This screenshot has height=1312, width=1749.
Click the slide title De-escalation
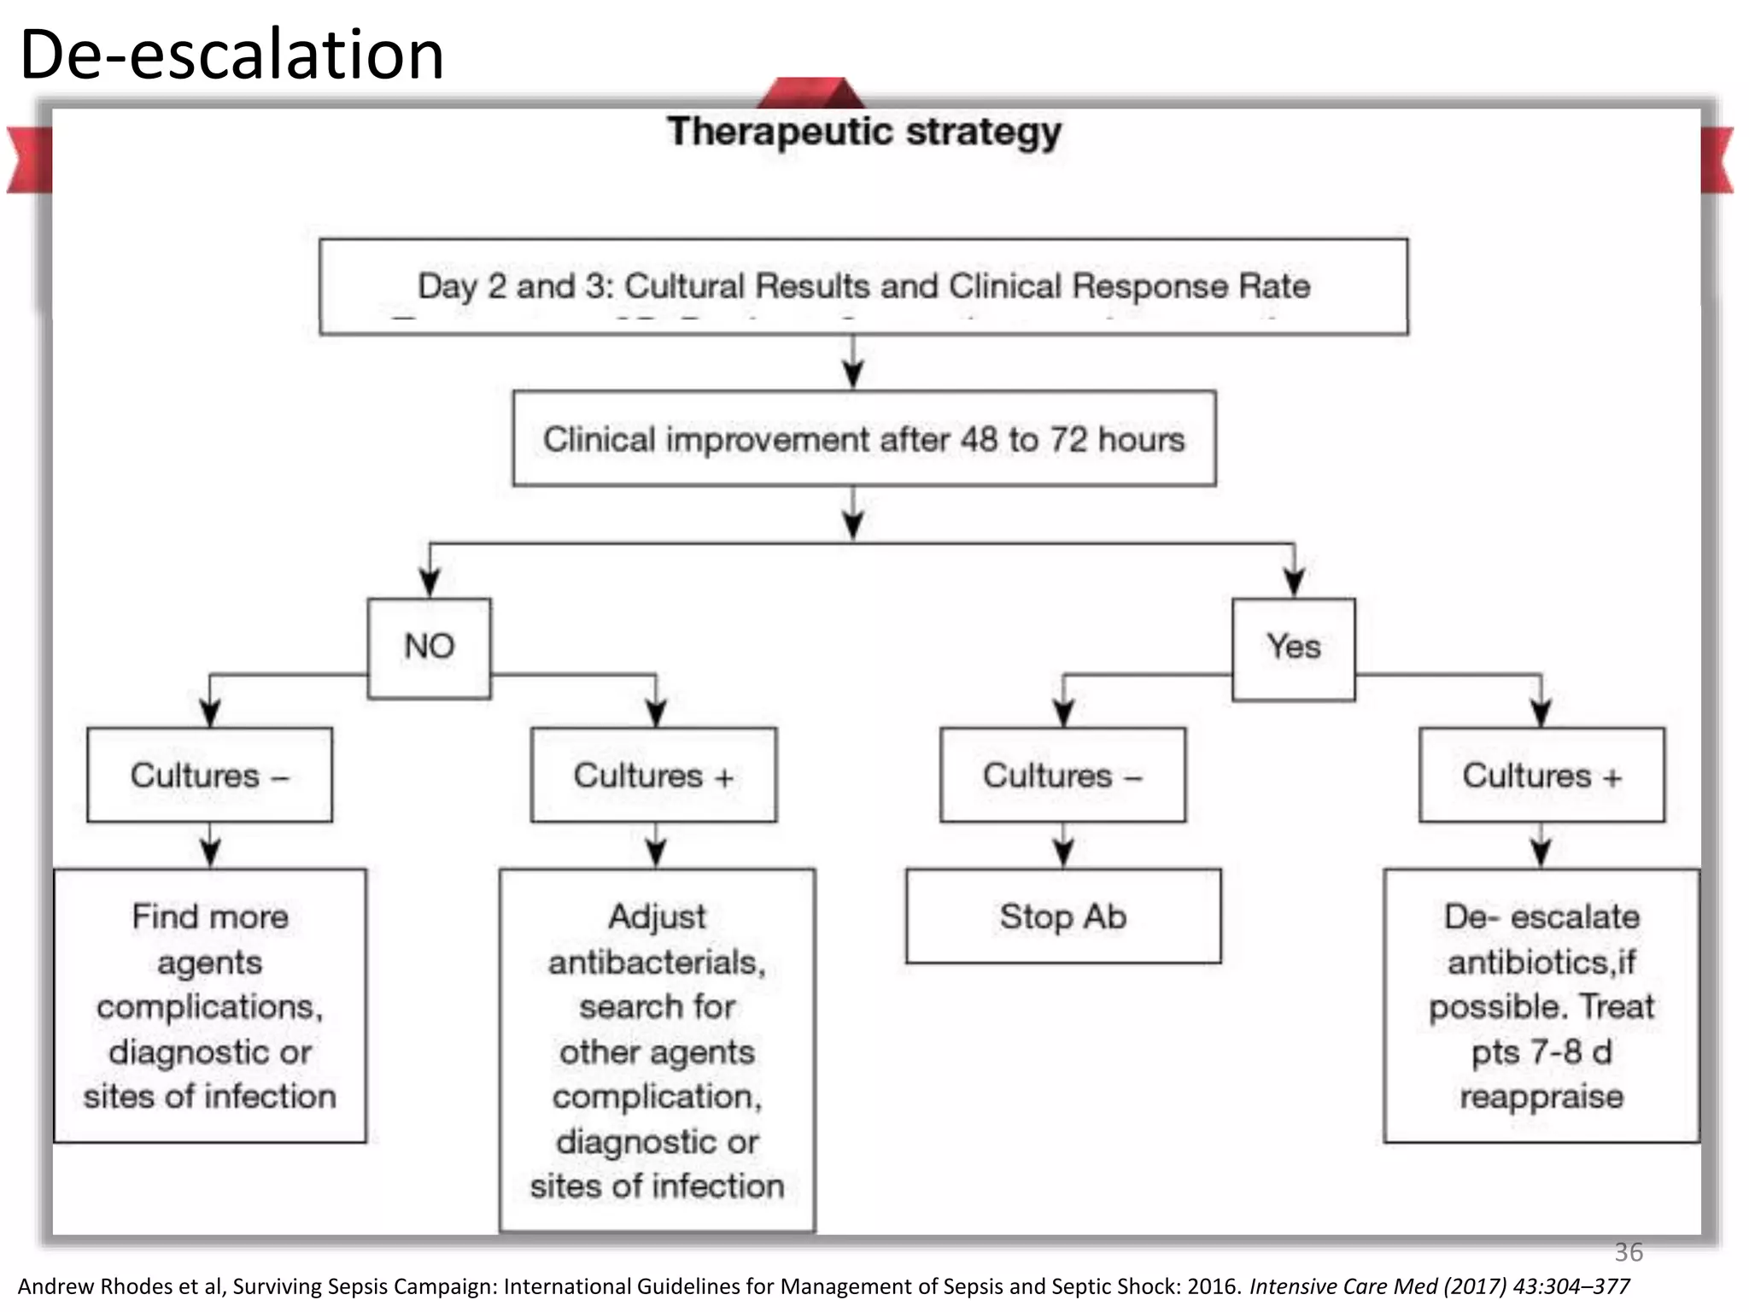pyautogui.click(x=231, y=55)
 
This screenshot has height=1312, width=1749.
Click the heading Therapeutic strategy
pyautogui.click(x=863, y=132)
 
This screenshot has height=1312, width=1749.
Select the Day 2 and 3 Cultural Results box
pyautogui.click(x=863, y=286)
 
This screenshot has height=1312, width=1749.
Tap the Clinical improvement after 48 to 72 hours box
pyautogui.click(x=863, y=439)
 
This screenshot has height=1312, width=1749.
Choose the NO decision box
pyautogui.click(x=429, y=647)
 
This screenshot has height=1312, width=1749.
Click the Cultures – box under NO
pyautogui.click(x=209, y=776)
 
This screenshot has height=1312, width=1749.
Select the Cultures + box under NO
pyautogui.click(x=653, y=776)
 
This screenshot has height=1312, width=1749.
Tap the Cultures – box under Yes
pyautogui.click(x=1062, y=776)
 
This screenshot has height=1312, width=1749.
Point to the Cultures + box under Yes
pyautogui.click(x=1541, y=776)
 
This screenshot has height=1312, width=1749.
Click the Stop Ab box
pyautogui.click(x=1063, y=917)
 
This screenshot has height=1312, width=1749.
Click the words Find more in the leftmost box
pyautogui.click(x=210, y=917)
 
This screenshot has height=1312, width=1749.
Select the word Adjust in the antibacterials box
pyautogui.click(x=657, y=917)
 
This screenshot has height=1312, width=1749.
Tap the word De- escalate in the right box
pyautogui.click(x=1541, y=917)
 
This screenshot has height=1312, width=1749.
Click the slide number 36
pyautogui.click(x=1628, y=1252)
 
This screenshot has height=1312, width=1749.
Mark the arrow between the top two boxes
pyautogui.click(x=853, y=362)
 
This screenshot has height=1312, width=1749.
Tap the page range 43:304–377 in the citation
pyautogui.click(x=1571, y=1286)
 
